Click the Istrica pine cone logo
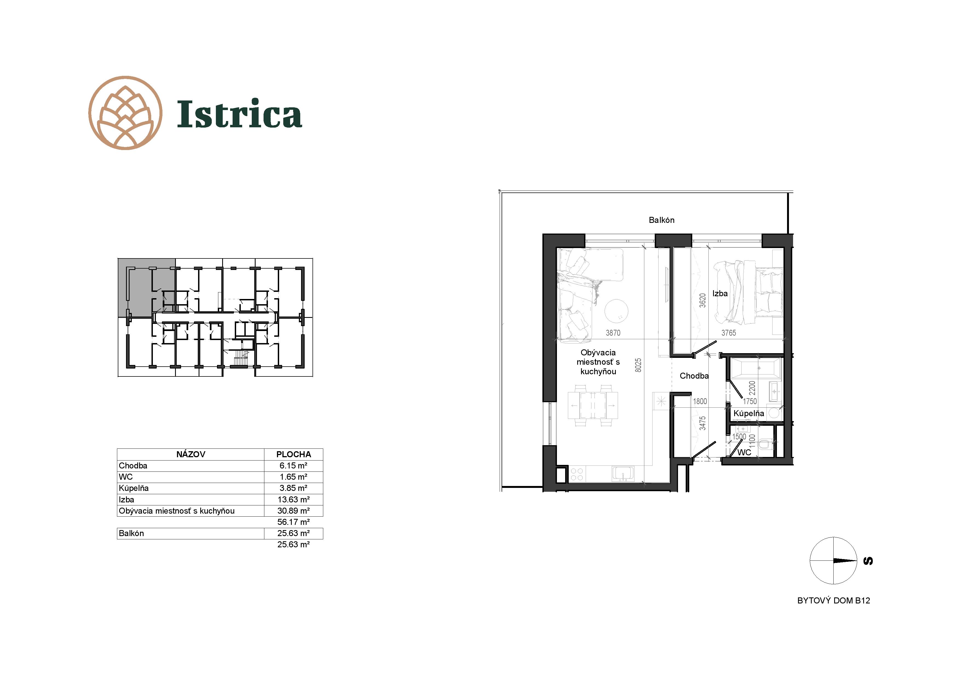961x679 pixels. coord(125,113)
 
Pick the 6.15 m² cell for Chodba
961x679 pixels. coord(293,466)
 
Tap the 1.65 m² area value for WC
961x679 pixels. coord(293,477)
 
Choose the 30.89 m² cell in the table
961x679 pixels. coord(293,511)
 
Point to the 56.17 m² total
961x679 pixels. coord(293,522)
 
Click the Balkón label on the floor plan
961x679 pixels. coord(661,220)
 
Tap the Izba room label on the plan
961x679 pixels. coord(720,294)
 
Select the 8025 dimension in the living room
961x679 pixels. coord(638,365)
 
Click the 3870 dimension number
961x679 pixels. coord(613,333)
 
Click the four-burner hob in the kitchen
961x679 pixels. coord(577,474)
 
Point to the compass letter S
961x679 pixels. coord(868,561)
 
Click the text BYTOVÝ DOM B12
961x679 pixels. coord(833,601)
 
